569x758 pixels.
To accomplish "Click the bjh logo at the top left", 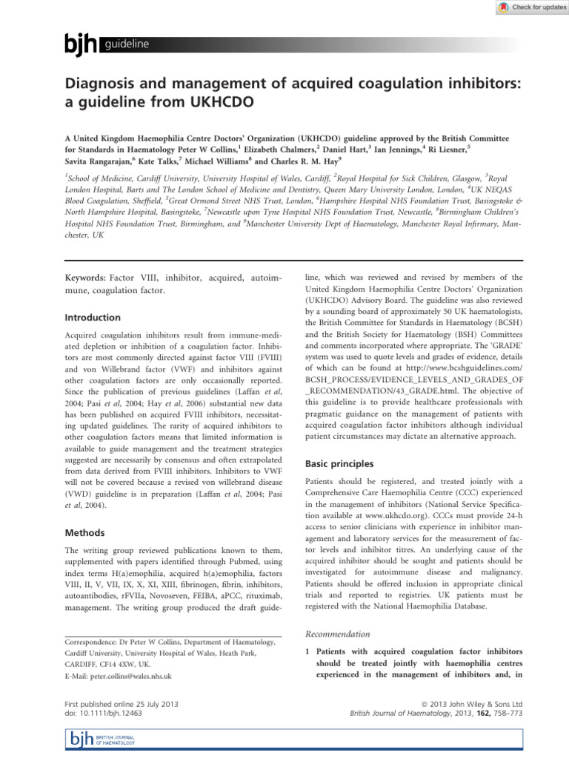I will click(83, 46).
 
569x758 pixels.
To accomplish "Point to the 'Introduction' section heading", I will click(93, 318).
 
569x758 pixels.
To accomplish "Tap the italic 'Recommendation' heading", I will click(338, 634).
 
